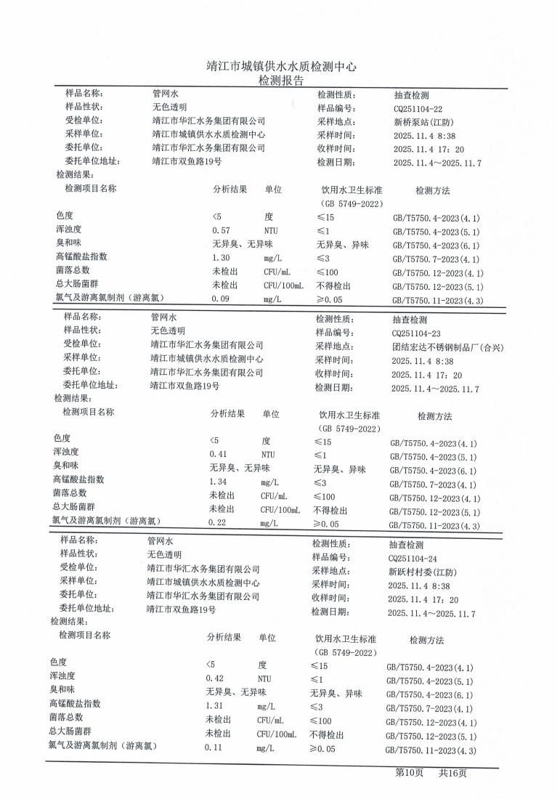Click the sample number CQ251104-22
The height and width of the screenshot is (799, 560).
tap(417, 108)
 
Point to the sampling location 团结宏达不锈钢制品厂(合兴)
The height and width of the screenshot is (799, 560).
tap(447, 346)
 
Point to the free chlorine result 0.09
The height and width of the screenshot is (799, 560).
tap(221, 299)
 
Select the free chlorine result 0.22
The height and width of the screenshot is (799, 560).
tap(218, 523)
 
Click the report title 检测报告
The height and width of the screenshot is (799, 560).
tap(281, 80)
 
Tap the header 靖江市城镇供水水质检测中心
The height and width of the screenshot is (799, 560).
tap(281, 66)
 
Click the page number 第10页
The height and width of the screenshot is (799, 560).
tap(409, 773)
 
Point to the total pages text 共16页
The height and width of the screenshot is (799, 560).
tap(452, 773)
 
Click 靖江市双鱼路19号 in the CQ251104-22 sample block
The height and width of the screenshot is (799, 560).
tap(187, 162)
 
